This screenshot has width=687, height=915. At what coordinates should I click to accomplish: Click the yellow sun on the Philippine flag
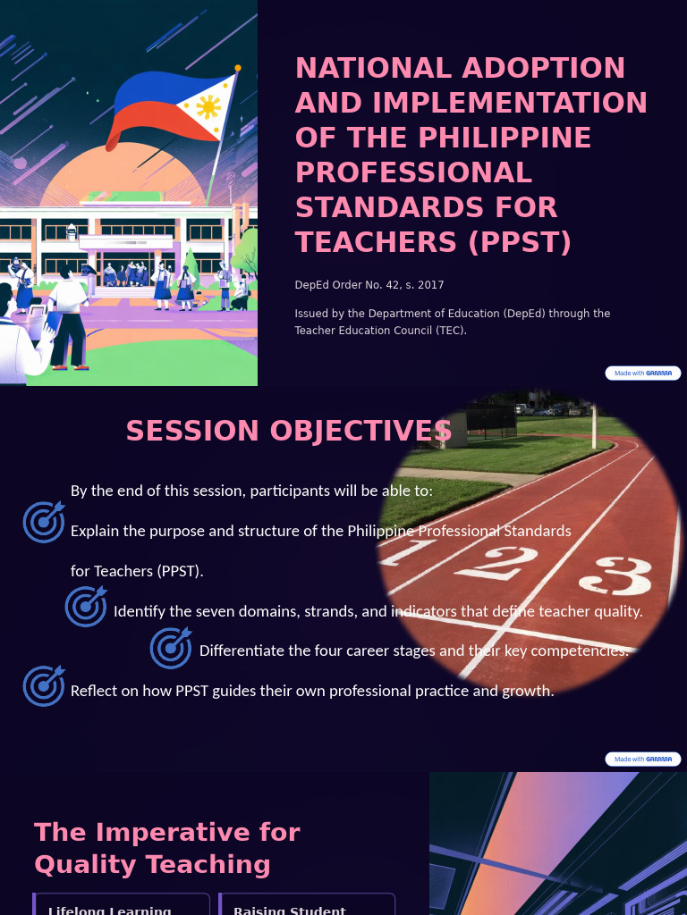coord(208,107)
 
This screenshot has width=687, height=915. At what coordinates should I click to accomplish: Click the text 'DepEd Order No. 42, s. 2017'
coord(369,285)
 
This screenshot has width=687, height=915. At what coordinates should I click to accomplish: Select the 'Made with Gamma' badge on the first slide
coord(643,374)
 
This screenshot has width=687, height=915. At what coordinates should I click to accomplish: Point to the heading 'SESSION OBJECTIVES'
coord(289,431)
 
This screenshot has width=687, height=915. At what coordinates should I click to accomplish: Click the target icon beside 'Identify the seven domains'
coord(86,606)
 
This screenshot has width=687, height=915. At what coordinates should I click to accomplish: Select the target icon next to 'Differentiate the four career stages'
coord(171,647)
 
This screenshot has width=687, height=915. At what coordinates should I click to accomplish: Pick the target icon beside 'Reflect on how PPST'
coord(44,685)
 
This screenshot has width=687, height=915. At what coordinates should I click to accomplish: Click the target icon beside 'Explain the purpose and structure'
coord(44,522)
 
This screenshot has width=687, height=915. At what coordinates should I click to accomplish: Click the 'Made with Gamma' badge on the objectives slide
coord(643,759)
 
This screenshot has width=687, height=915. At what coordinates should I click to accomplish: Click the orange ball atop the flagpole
coord(238,68)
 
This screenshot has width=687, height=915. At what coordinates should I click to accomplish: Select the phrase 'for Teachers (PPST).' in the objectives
coord(137,571)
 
